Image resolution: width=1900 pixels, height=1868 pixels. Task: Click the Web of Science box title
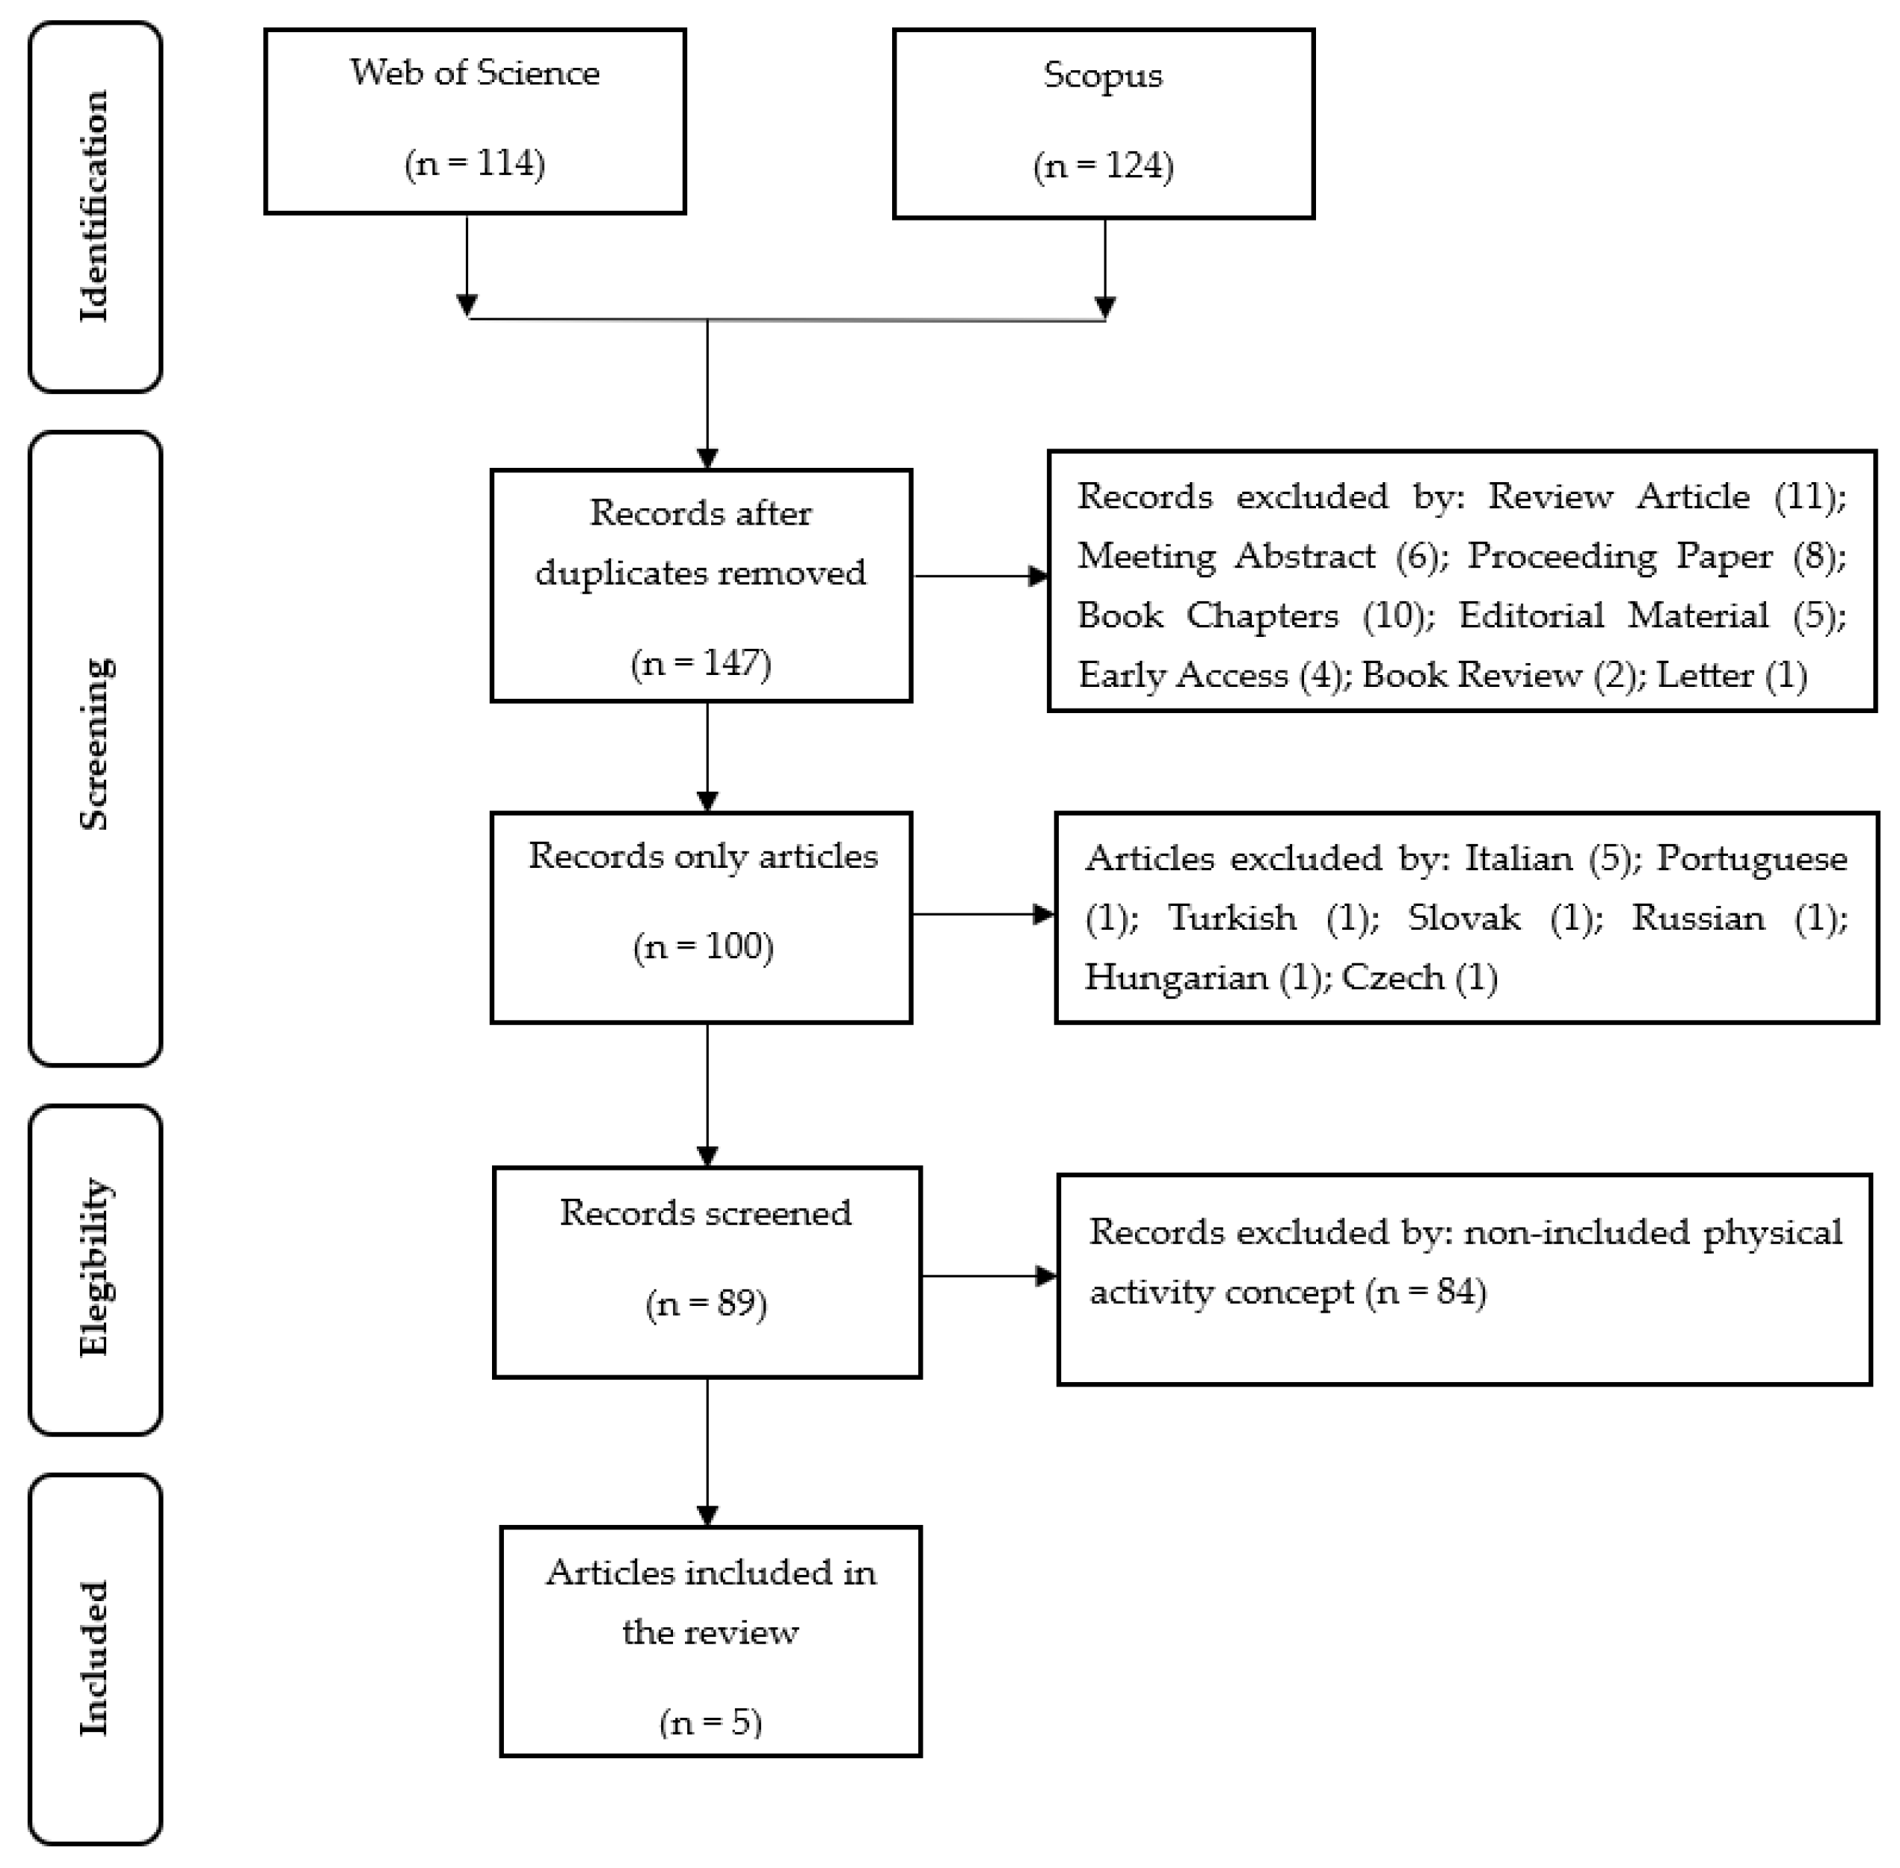pyautogui.click(x=474, y=73)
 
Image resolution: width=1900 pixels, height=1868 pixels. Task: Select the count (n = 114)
pyautogui.click(x=474, y=163)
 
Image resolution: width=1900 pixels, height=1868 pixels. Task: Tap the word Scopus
pyautogui.click(x=1102, y=75)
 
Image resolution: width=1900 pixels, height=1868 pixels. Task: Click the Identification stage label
pyautogui.click(x=94, y=206)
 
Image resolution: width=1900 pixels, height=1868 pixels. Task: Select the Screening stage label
pyautogui.click(x=94, y=746)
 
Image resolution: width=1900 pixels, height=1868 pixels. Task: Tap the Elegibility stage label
pyautogui.click(x=94, y=1268)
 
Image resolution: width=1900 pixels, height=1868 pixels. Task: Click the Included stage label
pyautogui.click(x=94, y=1658)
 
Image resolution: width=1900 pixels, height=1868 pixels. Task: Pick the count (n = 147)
pyautogui.click(x=701, y=663)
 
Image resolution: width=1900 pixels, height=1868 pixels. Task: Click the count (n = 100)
pyautogui.click(x=703, y=946)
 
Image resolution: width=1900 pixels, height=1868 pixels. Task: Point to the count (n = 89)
pyautogui.click(x=706, y=1303)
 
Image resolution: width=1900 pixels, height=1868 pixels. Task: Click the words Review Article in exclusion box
pyautogui.click(x=1618, y=496)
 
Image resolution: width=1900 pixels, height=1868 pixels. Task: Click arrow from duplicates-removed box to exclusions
pyautogui.click(x=980, y=576)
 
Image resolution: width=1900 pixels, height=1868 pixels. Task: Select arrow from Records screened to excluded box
pyautogui.click(x=989, y=1277)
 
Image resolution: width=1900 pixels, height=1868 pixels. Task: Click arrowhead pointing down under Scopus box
pyautogui.click(x=1105, y=307)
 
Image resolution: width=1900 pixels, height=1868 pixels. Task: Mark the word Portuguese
pyautogui.click(x=1752, y=858)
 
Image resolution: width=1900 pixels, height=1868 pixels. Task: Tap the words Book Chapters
pyautogui.click(x=1207, y=615)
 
